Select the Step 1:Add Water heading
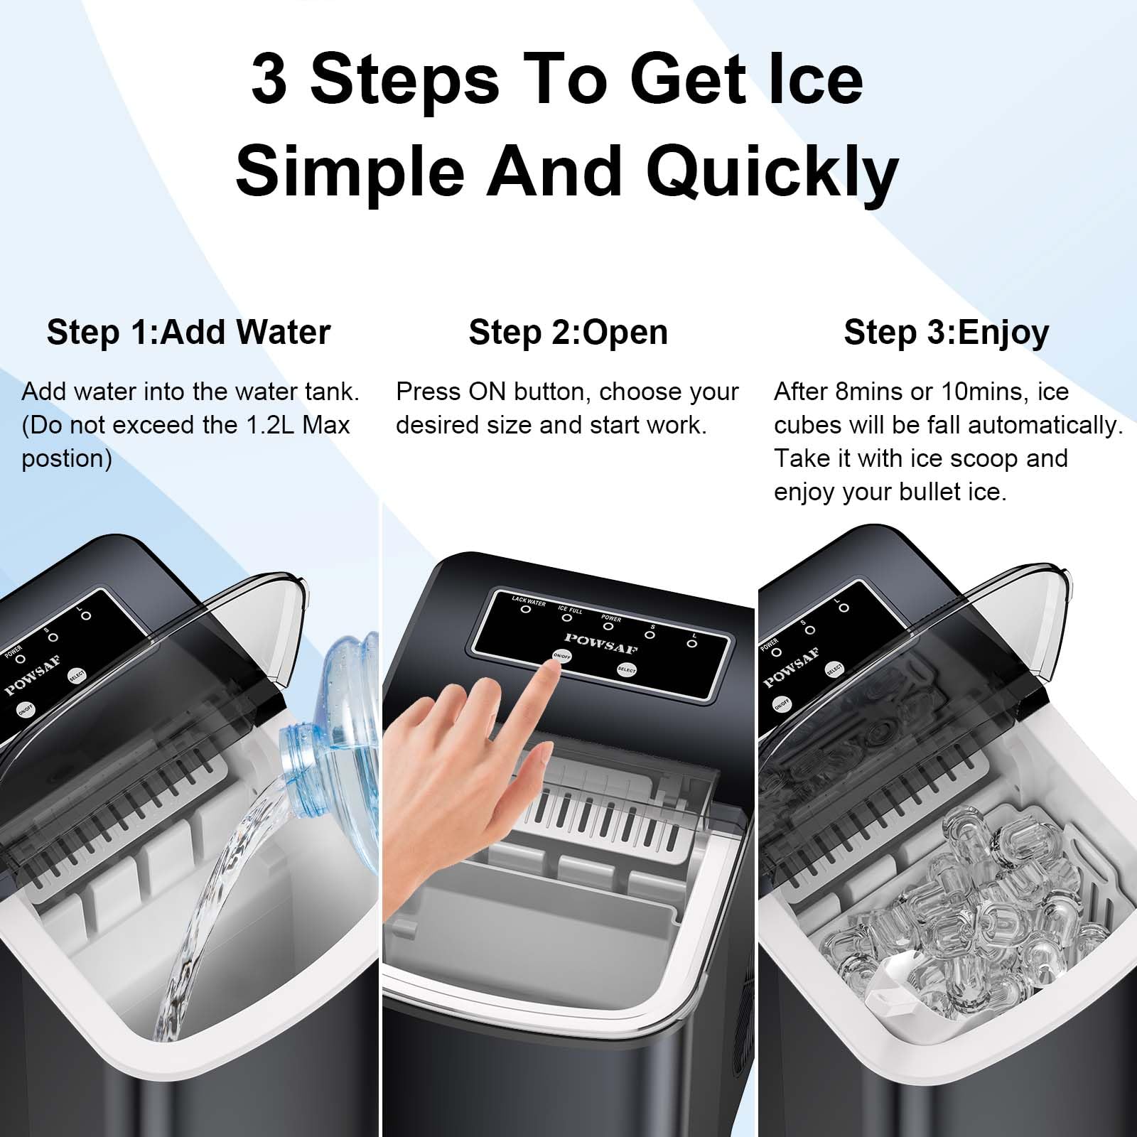(188, 332)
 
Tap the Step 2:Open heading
(568, 333)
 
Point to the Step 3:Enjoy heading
(946, 333)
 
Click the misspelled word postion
(67, 459)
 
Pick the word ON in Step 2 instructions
(487, 392)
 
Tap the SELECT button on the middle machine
(626, 669)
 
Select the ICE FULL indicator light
(567, 618)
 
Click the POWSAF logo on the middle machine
(600, 642)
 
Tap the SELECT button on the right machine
(834, 669)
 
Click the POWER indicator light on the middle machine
(608, 626)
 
